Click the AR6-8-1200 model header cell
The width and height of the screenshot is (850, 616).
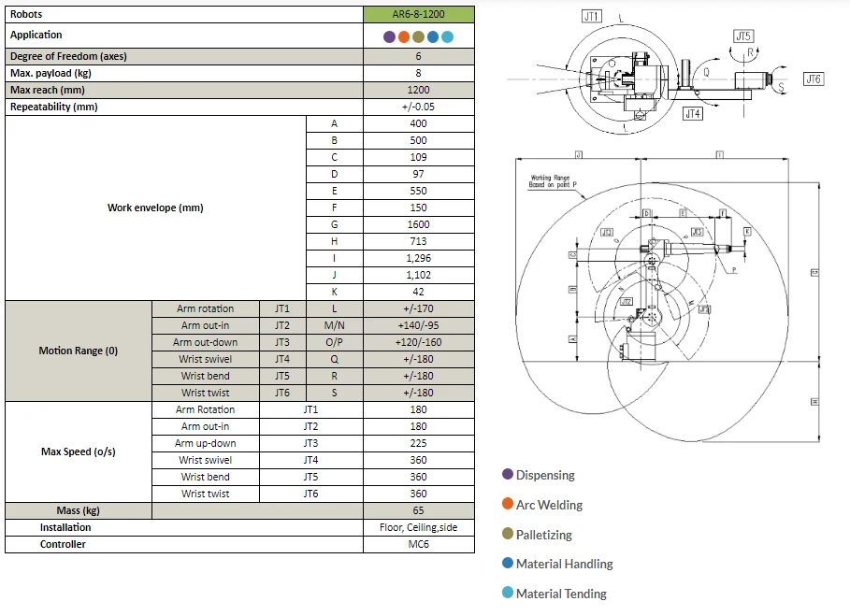418,14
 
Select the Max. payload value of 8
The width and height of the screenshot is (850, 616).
418,73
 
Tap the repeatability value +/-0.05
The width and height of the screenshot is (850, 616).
418,107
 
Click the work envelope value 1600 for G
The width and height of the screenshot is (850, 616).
418,224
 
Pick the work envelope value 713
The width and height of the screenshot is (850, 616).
418,241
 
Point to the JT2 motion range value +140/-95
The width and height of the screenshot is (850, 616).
418,325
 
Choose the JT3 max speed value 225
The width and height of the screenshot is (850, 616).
418,443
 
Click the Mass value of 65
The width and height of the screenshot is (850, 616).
418,510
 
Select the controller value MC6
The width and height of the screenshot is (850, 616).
418,544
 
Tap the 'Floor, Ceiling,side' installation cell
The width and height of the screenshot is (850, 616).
418,527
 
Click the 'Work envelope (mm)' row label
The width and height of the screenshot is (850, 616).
155,208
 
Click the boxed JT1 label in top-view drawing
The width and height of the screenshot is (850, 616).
591,16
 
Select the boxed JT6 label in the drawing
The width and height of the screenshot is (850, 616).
813,79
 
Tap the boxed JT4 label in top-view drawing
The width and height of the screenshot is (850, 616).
692,113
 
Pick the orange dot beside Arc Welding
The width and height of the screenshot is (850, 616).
508,505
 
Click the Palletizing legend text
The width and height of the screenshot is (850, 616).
543,535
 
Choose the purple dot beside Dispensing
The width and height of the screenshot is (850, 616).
508,475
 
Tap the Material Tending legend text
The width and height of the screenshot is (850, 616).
561,594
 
